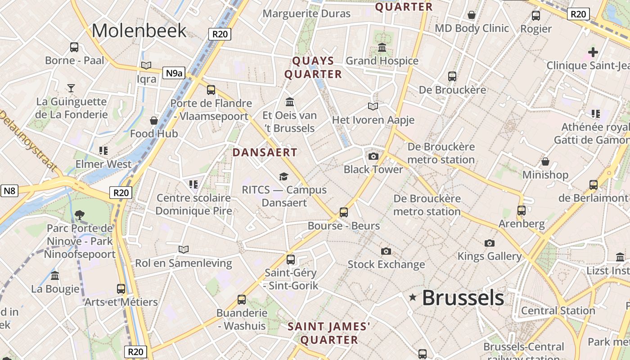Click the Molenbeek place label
click(x=139, y=31)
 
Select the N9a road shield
click(x=174, y=73)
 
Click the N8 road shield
click(x=9, y=191)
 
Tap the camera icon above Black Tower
click(x=373, y=156)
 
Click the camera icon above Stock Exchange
click(x=386, y=251)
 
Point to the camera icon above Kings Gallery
click(x=489, y=243)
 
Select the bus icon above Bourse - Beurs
click(x=344, y=212)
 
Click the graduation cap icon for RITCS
click(x=283, y=176)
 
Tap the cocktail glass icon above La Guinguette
click(x=71, y=88)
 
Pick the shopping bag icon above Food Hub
click(x=154, y=121)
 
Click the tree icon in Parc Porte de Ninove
click(x=80, y=215)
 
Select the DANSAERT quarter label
click(x=265, y=153)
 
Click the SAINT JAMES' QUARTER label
click(x=329, y=333)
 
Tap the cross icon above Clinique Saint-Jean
click(x=593, y=52)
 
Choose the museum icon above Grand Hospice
click(x=382, y=47)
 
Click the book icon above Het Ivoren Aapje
click(x=373, y=107)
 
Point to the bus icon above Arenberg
click(x=522, y=210)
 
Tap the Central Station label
click(x=558, y=310)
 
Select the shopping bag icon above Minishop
click(x=545, y=162)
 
